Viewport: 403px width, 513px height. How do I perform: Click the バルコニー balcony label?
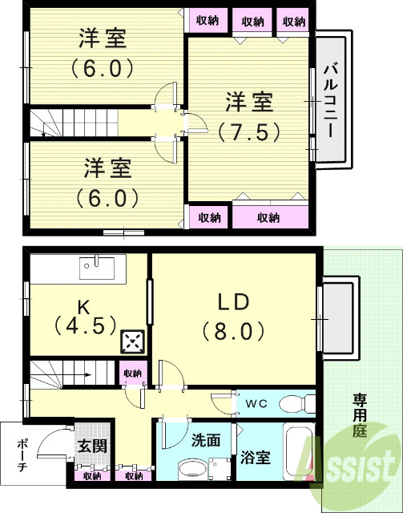pyautogui.click(x=330, y=100)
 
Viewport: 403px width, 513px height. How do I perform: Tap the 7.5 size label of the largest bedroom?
pyautogui.click(x=248, y=130)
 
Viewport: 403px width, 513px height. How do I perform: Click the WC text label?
pyautogui.click(x=256, y=402)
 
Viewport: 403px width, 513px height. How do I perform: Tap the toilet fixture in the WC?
pyautogui.click(x=301, y=402)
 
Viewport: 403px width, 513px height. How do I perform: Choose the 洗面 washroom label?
pyautogui.click(x=206, y=440)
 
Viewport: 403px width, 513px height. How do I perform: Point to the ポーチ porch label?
pyautogui.click(x=22, y=455)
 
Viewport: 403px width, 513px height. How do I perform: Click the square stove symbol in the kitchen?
pyautogui.click(x=131, y=342)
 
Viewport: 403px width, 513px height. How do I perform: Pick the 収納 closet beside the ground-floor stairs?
pyautogui.click(x=132, y=374)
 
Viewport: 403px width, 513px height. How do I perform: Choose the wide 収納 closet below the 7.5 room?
pyautogui.click(x=269, y=216)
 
